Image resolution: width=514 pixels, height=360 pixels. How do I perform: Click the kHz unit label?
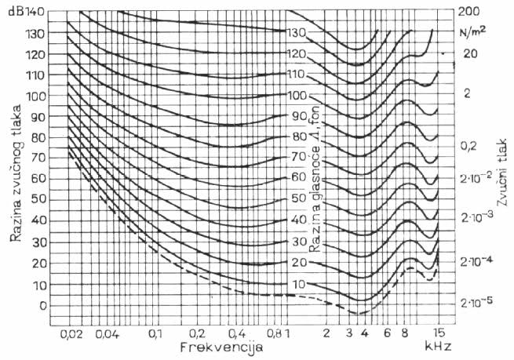(436, 346)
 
